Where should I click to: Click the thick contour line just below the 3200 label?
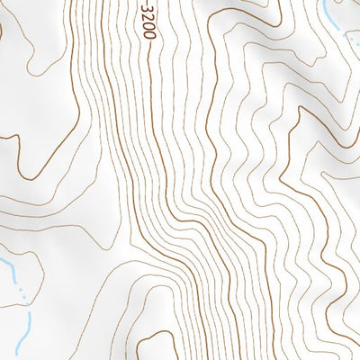(148, 63)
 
